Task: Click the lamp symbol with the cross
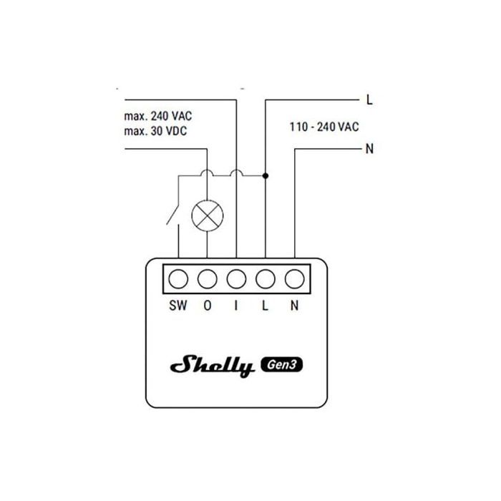tap(208, 215)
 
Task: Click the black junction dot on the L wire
tap(266, 176)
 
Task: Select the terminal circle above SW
tap(178, 279)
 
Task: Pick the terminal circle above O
tap(208, 279)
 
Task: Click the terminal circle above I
tap(236, 279)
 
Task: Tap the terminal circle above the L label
tap(266, 279)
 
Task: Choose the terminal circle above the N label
tap(295, 279)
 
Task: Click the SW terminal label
tap(178, 306)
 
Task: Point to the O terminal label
tap(208, 306)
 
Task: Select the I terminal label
tap(236, 306)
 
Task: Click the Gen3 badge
tap(282, 364)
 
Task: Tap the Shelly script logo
tap(213, 366)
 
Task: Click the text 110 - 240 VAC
tap(324, 127)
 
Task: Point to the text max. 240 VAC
tap(158, 116)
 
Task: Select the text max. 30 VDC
tap(155, 131)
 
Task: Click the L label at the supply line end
tap(369, 100)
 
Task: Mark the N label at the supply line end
tap(369, 149)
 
